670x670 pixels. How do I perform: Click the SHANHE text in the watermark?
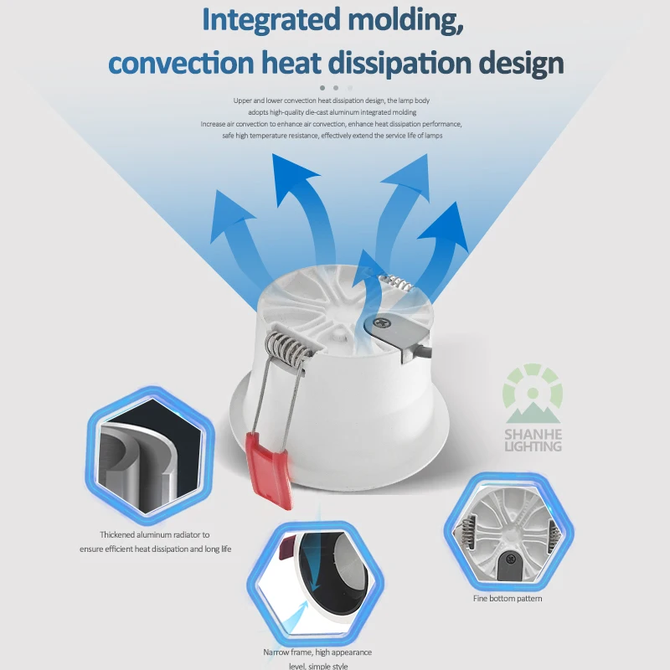[x=533, y=433]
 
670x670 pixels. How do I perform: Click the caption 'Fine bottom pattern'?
[x=507, y=599]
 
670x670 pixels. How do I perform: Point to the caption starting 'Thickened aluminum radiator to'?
[x=155, y=534]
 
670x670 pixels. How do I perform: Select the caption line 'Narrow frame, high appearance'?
[x=319, y=652]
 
